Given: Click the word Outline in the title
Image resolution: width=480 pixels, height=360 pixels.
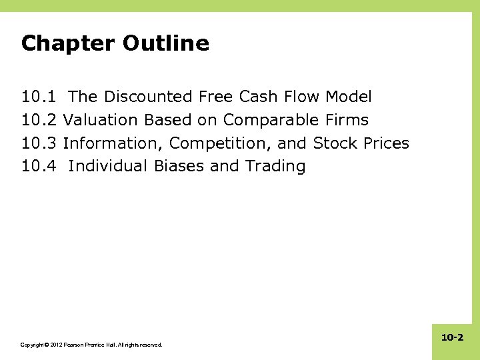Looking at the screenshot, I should tap(166, 43).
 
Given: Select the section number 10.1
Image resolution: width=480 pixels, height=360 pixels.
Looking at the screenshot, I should tap(39, 97).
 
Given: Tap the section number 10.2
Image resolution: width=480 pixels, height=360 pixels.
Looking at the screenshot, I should tap(39, 121).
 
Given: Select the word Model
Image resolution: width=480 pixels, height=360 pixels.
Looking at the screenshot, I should tap(349, 97).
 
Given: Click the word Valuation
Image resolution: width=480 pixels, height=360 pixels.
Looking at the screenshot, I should tap(100, 121).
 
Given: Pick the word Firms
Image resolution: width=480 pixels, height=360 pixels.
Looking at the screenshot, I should tap(347, 121).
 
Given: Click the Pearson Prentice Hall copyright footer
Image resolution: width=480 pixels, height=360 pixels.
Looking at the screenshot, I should tap(91, 345).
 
